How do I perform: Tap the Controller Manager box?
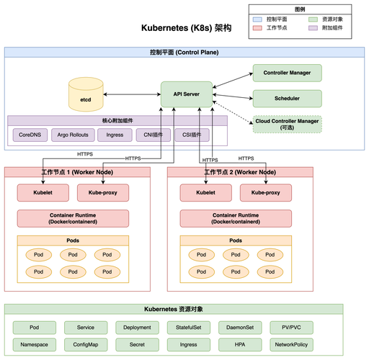[286, 73]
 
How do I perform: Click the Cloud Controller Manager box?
[286, 125]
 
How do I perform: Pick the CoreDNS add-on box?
[30, 134]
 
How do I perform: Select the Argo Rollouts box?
[72, 134]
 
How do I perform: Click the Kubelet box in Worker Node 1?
[43, 194]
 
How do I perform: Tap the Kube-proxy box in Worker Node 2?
[266, 194]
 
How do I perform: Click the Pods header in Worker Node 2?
[236, 240]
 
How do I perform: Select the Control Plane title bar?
[184, 53]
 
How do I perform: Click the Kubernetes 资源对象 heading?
[184, 309]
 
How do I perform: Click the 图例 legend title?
[300, 9]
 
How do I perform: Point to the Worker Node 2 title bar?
[240, 172]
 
